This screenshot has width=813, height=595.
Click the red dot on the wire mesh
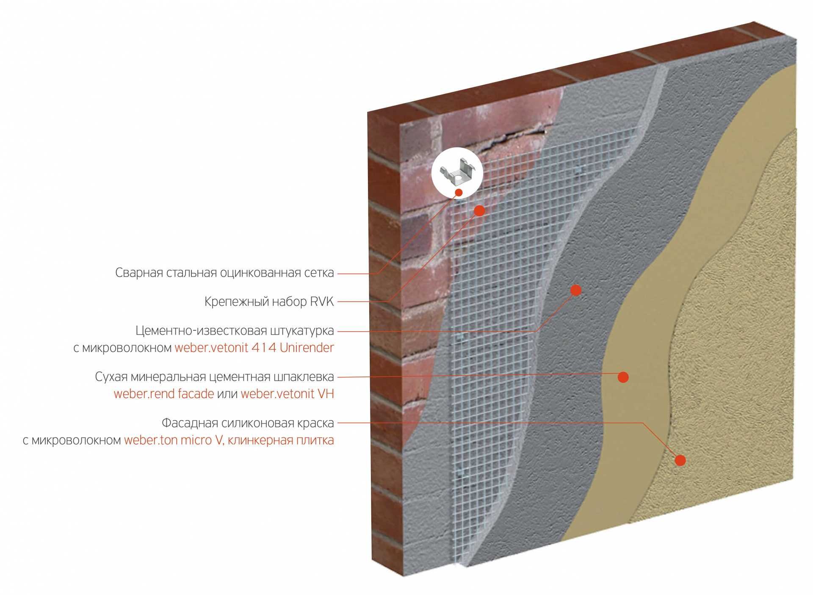(x=479, y=210)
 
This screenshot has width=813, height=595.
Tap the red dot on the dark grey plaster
(x=575, y=290)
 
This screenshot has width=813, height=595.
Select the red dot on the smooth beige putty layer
(x=623, y=377)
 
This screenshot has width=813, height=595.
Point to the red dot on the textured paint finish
(x=680, y=460)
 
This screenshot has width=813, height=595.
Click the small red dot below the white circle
(x=459, y=193)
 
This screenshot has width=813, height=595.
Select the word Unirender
(x=307, y=348)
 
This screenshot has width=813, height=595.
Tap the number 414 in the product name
(x=263, y=348)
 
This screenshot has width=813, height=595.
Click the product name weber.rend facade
(x=164, y=394)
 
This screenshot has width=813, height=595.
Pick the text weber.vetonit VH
(x=287, y=394)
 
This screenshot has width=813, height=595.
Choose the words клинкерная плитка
(x=281, y=440)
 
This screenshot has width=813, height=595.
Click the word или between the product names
(x=227, y=394)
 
